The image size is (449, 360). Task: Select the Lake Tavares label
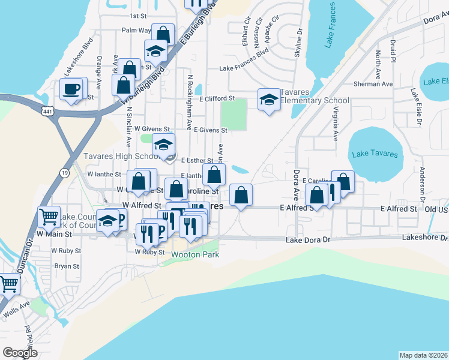pyautogui.click(x=375, y=154)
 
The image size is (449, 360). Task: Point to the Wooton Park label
pyautogui.click(x=195, y=254)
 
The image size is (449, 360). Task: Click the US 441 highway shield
pyautogui.click(x=49, y=111)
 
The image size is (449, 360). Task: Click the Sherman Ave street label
pyautogui.click(x=373, y=84)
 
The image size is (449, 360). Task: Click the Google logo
pyautogui.click(x=20, y=352)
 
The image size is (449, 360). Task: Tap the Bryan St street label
pyautogui.click(x=62, y=266)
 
